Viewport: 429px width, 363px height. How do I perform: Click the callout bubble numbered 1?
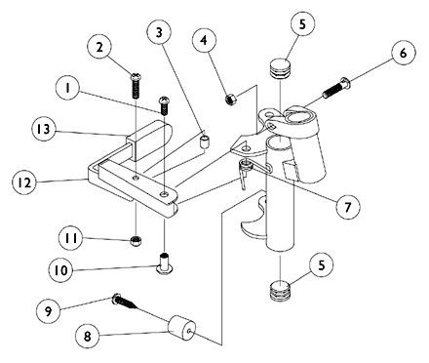67,88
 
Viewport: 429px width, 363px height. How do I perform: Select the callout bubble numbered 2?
99,47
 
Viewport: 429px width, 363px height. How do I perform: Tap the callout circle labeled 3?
159,32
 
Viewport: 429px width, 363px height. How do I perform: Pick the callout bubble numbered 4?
204,40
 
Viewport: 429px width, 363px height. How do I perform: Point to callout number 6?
403,53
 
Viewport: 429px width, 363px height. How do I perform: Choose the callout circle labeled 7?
348,207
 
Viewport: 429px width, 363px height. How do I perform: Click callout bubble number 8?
88,337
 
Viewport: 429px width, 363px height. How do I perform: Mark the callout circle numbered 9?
48,311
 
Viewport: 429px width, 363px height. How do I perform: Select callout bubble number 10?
61,270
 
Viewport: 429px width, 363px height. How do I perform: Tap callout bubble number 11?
71,238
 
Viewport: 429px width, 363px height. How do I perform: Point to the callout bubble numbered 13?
44,129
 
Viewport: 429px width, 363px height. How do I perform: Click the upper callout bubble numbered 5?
302,24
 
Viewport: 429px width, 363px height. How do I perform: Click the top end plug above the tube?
280,68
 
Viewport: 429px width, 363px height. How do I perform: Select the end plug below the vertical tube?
280,290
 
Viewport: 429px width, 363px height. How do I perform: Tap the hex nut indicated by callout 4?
230,99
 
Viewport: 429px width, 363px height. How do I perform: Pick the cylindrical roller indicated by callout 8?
181,328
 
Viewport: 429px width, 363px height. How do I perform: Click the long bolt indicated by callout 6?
336,87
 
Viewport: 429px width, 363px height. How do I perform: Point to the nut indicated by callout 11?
136,241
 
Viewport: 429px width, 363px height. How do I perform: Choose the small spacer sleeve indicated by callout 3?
204,142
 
